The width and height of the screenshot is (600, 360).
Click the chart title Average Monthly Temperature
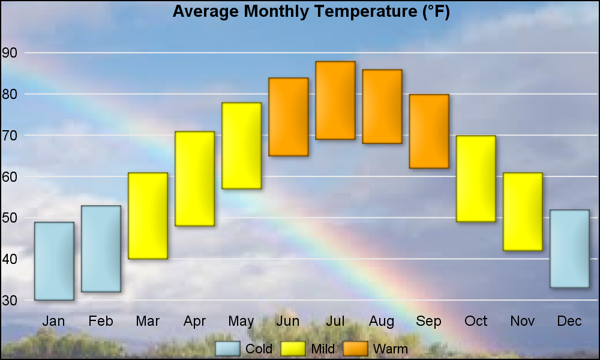click(311, 11)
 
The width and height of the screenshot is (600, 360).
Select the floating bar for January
click(54, 261)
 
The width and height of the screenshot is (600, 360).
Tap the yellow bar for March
click(148, 216)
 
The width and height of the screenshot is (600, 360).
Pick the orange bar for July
click(335, 100)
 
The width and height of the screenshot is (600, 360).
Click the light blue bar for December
click(569, 248)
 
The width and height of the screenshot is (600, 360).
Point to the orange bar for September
click(429, 131)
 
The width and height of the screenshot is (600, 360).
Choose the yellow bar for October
click(476, 179)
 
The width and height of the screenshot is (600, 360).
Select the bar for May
click(241, 146)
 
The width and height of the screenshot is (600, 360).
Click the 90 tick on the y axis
click(10, 53)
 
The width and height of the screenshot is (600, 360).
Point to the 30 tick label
click(10, 300)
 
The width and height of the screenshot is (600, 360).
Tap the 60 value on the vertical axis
click(10, 176)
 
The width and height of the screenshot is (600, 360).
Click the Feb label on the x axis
click(101, 322)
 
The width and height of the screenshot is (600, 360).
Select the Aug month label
click(382, 322)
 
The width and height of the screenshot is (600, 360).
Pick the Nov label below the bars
click(523, 322)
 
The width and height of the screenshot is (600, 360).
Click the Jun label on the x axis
click(288, 322)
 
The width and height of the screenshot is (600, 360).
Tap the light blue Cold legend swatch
click(228, 349)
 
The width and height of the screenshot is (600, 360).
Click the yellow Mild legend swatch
click(292, 349)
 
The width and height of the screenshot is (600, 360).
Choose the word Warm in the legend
click(390, 349)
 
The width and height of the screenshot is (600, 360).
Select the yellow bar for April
click(194, 179)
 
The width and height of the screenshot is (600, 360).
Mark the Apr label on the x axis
click(194, 322)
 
